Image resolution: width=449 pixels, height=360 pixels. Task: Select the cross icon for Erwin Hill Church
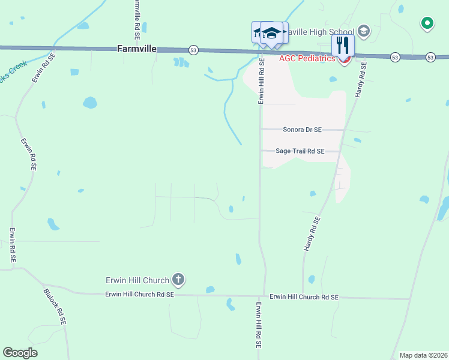[178, 279]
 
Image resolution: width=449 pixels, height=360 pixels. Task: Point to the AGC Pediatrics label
[307, 58]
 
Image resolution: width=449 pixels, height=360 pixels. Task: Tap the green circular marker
[427, 23]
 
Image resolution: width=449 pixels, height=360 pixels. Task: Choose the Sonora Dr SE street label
[302, 130]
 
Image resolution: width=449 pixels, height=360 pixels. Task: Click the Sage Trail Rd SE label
[300, 152]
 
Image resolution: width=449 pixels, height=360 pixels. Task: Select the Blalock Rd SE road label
[55, 307]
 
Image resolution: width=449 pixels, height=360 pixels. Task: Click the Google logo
[20, 353]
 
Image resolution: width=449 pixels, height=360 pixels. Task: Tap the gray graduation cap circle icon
[363, 30]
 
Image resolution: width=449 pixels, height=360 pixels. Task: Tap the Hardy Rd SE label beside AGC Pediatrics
[361, 81]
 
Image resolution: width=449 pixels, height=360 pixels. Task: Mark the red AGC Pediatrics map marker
[345, 59]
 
